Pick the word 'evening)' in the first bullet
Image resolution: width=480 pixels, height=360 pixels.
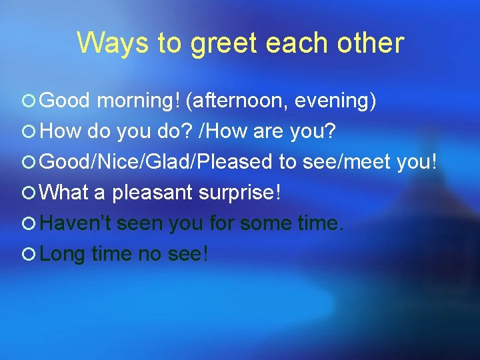pos(335,101)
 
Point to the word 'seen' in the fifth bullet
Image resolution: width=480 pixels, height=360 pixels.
pos(141,223)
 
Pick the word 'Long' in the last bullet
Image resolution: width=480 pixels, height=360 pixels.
pos(63,254)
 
